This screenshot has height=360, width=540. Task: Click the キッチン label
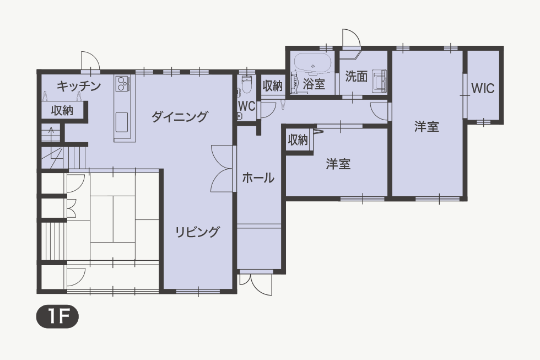tap(79, 85)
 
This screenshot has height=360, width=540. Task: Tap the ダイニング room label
tap(180, 116)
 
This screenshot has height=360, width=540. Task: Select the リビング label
tap(197, 232)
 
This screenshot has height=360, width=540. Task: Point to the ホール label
tap(258, 178)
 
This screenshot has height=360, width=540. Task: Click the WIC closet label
tap(483, 89)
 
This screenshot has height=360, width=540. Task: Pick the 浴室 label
tap(314, 84)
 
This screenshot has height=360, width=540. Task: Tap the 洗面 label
tap(356, 77)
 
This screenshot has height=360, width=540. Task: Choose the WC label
tap(247, 106)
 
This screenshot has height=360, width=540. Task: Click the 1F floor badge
tap(57, 317)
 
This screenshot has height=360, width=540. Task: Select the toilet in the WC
tap(246, 84)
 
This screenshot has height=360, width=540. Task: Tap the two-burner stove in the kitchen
tap(122, 83)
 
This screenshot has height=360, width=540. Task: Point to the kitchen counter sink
tap(122, 122)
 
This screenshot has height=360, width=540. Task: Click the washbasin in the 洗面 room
tap(379, 81)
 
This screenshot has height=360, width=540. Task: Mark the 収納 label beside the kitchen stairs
tap(62, 111)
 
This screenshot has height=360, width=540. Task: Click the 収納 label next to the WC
tap(272, 85)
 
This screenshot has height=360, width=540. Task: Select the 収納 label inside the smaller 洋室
tap(298, 139)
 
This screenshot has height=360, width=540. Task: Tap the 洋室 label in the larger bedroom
tap(426, 126)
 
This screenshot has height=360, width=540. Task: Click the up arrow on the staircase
tap(51, 133)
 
